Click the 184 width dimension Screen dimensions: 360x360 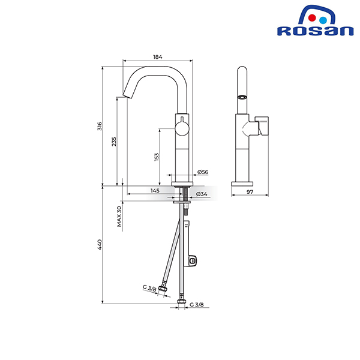157,57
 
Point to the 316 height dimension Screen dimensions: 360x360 100,126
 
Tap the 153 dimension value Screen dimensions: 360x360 156,157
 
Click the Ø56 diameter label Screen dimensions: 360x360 202,173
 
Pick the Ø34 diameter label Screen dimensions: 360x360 202,194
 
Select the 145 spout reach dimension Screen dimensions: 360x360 155,191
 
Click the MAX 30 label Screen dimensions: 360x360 119,217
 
